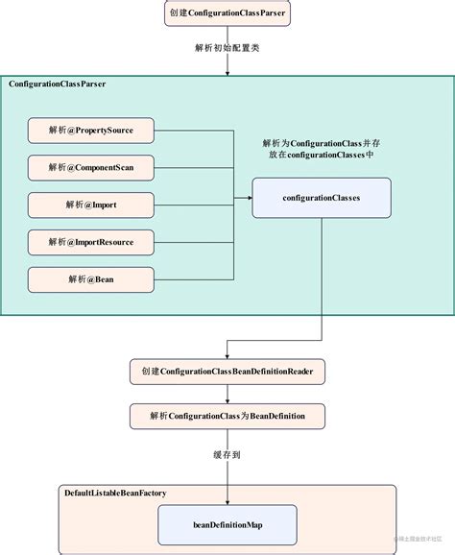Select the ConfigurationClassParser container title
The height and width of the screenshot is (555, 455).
(58, 85)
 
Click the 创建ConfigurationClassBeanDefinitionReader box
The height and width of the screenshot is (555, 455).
(227, 371)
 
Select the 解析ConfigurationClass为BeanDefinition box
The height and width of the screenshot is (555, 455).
(227, 415)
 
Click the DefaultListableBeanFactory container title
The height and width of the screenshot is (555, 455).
(115, 493)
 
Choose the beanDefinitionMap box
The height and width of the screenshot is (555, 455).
(227, 525)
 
